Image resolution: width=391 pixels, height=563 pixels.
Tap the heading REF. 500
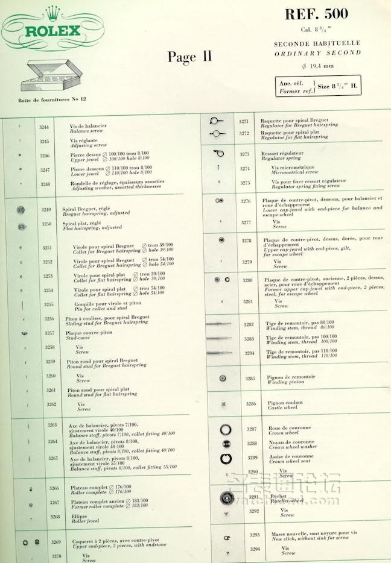coord(316,14)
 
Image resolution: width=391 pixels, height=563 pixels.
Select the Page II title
coord(189,57)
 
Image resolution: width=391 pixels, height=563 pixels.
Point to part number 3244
coord(45,127)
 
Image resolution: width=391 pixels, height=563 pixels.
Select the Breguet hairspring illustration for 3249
coord(22,209)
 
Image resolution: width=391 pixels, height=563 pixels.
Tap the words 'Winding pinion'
coord(286,382)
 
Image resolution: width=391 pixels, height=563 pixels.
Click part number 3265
coord(52,459)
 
